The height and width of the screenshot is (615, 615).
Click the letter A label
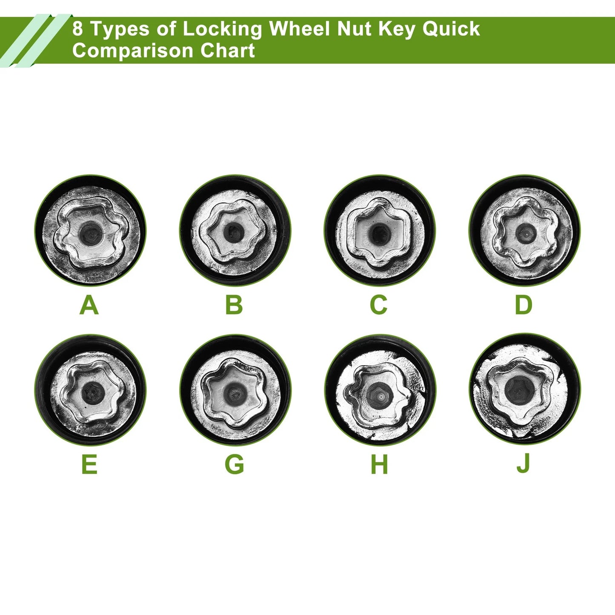coord(89,306)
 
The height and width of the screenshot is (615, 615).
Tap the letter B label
coord(234,306)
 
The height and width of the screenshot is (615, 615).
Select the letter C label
coord(379,306)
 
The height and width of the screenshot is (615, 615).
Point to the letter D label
coord(523,306)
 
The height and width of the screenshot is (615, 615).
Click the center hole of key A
coord(91,233)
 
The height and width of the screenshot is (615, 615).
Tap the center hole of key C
coord(379,233)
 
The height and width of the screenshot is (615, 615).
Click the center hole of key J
coord(519,389)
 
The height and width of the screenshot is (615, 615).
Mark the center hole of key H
coord(379,394)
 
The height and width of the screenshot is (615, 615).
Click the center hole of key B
coord(233,232)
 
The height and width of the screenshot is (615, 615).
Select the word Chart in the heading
coord(227,51)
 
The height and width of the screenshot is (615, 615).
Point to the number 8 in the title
coord(77,29)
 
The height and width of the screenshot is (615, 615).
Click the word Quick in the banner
coord(451,29)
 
